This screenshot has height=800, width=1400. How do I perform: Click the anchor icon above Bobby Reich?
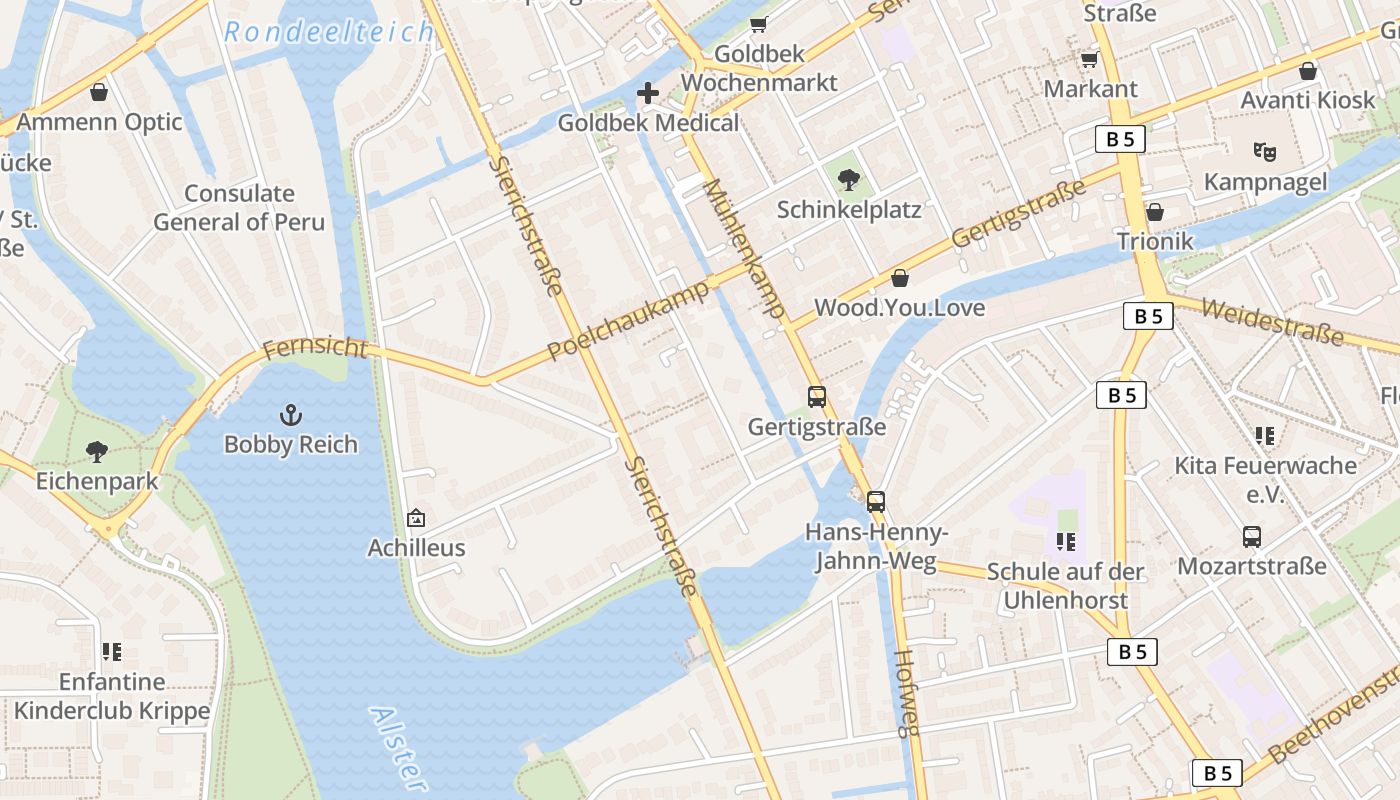tap(290, 414)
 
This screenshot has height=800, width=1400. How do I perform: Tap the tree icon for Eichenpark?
tap(97, 452)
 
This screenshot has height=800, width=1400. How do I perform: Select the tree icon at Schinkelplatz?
tap(849, 180)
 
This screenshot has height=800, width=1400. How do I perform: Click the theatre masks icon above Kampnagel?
tap(1265, 152)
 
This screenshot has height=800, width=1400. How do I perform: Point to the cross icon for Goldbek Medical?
tap(648, 94)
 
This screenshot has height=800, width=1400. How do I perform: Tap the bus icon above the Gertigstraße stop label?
tap(817, 397)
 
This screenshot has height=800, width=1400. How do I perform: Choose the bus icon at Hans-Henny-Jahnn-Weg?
tap(876, 501)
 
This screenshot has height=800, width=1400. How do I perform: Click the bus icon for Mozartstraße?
tap(1252, 537)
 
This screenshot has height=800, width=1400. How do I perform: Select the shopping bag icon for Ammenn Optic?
tap(99, 93)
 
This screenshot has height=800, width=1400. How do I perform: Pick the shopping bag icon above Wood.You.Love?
tap(900, 278)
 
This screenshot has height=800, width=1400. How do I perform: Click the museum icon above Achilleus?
tap(416, 518)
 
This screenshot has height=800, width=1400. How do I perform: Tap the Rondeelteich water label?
tap(329, 32)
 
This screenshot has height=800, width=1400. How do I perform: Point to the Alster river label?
tap(399, 748)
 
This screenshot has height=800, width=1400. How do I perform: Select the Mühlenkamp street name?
tap(743, 248)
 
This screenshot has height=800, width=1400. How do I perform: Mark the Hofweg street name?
tap(905, 693)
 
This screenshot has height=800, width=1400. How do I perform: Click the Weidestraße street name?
tap(1272, 321)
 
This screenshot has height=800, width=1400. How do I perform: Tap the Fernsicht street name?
tap(314, 349)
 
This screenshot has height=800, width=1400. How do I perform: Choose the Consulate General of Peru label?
tap(239, 207)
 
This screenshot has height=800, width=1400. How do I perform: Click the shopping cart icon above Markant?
tap(1089, 60)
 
